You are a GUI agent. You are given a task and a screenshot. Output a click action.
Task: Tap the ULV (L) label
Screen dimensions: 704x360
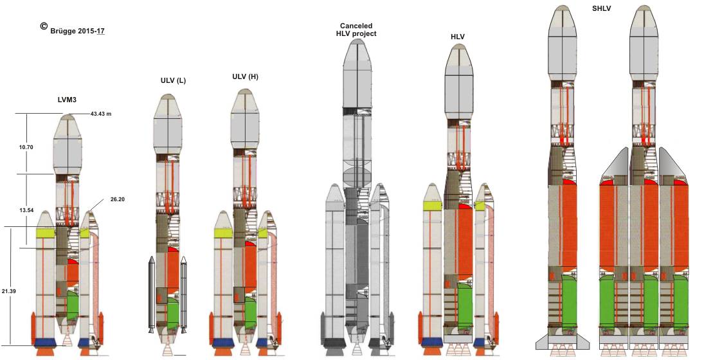coord(174,81)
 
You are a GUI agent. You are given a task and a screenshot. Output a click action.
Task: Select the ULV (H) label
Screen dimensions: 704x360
coord(245,76)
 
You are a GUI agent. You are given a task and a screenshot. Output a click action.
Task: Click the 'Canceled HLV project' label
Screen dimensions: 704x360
coord(356,30)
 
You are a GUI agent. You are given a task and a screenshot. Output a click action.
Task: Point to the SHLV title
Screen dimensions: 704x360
coord(601,8)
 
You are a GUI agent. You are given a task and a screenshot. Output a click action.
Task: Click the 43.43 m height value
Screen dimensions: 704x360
coord(101,114)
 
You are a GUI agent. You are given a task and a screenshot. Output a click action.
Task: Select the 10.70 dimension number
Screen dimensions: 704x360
coord(26,147)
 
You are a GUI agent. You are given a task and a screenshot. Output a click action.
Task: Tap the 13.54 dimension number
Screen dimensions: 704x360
coord(26,210)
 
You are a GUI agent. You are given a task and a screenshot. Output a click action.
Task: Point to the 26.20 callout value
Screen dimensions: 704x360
coord(117,199)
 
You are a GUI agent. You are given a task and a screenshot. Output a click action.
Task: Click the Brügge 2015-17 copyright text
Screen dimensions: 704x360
coord(77,32)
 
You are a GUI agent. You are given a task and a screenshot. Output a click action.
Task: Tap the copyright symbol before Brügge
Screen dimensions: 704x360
coord(44,26)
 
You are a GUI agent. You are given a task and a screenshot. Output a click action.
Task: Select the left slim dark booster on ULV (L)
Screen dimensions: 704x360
coord(151,294)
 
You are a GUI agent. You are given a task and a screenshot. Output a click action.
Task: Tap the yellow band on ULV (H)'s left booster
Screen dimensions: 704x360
coord(223,233)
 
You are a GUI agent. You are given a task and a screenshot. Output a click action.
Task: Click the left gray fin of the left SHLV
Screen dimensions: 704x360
coord(542,341)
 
